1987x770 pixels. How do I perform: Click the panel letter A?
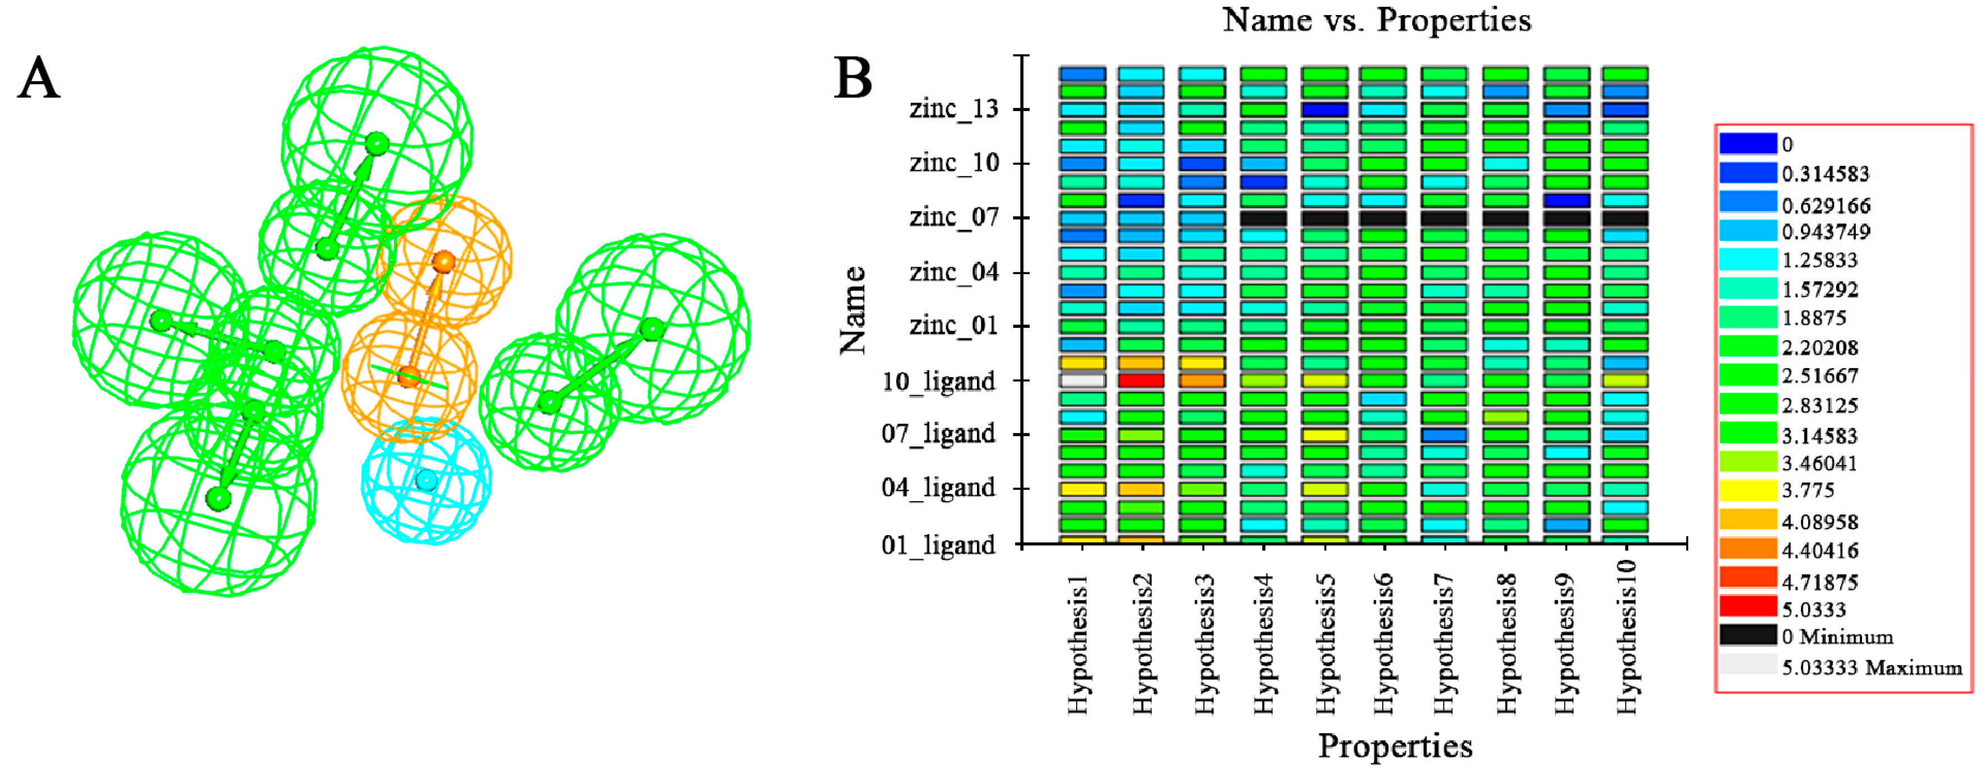pos(39,80)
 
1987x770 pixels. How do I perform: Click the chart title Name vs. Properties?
pos(1377,20)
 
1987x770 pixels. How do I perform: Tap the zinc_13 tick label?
pos(954,109)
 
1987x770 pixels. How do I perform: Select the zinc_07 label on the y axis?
pos(954,217)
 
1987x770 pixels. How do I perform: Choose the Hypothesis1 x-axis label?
pos(1080,644)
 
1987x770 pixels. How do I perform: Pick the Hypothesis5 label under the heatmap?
pos(1325,644)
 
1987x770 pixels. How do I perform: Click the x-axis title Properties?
pos(1395,746)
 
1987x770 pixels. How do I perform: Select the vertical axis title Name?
pos(853,310)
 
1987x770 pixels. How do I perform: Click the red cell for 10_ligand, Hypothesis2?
pos(1141,381)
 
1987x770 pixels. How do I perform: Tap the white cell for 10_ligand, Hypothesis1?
pos(1082,381)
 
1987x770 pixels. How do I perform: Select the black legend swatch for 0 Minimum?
pos(1748,635)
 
